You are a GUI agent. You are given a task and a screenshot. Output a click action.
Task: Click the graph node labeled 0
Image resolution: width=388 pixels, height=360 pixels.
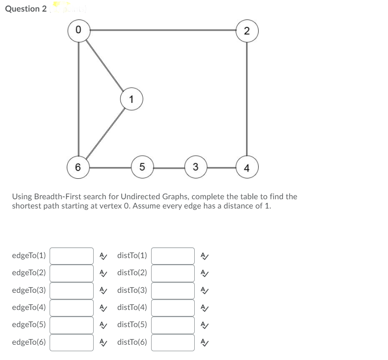tap(78, 31)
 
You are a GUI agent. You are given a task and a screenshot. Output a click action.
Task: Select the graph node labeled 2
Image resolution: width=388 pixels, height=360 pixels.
tap(247, 31)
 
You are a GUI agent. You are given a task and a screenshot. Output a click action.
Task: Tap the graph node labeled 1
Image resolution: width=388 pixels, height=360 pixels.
tap(132, 99)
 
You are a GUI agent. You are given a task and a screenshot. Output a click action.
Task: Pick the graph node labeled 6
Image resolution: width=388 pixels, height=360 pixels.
tap(78, 167)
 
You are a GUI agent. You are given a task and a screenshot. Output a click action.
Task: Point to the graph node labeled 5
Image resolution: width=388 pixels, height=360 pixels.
tap(143, 167)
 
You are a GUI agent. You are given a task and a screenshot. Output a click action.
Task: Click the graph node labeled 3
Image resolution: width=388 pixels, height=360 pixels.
tap(196, 167)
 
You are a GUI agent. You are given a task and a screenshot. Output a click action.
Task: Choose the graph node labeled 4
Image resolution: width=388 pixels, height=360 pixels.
tap(247, 167)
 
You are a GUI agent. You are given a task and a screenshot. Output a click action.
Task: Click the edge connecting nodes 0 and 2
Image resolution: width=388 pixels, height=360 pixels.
tap(162, 30)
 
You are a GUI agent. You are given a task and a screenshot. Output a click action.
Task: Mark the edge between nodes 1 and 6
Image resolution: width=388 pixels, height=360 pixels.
tap(105, 133)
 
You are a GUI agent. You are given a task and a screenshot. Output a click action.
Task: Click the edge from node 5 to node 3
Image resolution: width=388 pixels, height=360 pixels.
tap(169, 167)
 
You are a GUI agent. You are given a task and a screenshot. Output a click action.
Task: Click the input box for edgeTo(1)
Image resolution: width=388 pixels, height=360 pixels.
tap(72, 255)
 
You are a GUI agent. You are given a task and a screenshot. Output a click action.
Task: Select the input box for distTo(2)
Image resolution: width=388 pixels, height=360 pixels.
tap(173, 273)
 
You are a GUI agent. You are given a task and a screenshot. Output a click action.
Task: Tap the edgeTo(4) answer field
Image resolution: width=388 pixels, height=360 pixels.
tap(72, 307)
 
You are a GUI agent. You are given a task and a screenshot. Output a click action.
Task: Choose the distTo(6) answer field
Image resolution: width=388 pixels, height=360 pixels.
tap(173, 342)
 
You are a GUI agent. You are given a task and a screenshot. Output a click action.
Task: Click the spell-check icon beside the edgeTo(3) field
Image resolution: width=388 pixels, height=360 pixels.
tap(104, 291)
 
